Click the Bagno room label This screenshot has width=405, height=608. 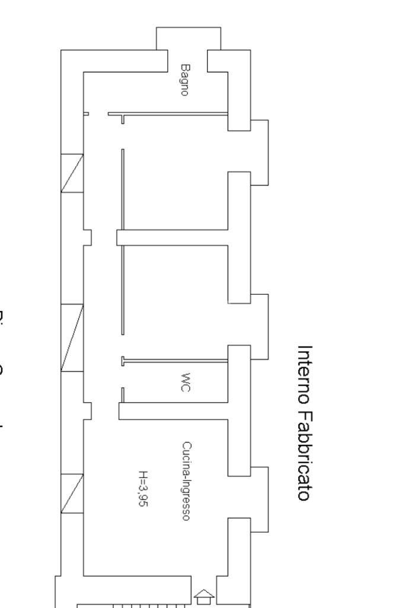pos(185,81)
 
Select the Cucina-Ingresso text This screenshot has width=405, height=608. pos(186,481)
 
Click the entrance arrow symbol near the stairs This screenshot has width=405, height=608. pos(205,596)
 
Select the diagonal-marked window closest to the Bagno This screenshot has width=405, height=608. pos(72,173)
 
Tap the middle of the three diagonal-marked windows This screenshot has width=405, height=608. pos(72,338)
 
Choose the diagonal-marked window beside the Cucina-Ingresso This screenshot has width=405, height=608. pos(72,494)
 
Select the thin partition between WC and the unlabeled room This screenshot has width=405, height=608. pos(175,360)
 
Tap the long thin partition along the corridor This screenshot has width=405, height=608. pos(123,243)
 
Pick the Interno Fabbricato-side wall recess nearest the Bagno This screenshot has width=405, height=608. pos(259,151)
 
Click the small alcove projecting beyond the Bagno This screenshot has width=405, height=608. pos(188,39)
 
